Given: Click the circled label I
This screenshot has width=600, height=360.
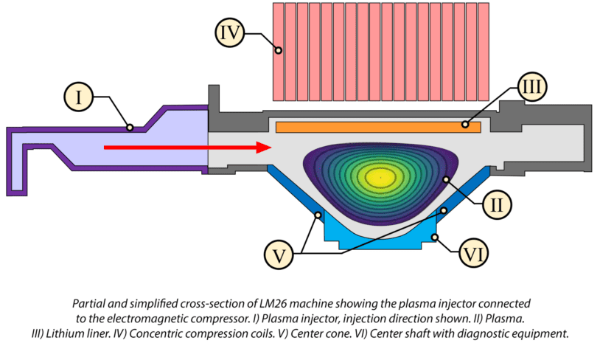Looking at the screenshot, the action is click(78, 97).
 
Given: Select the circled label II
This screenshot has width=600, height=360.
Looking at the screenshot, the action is click(496, 205).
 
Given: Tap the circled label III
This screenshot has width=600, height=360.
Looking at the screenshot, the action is click(532, 87).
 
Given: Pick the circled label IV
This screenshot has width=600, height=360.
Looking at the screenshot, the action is click(229, 33).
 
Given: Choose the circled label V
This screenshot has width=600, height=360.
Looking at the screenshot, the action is click(279, 255).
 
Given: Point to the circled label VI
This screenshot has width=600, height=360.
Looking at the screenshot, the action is click(473, 253).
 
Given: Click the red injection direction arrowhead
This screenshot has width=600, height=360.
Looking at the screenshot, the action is click(264, 148).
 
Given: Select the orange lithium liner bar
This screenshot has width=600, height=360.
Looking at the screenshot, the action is click(378, 127).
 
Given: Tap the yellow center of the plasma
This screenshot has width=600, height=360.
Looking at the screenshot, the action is click(380, 177).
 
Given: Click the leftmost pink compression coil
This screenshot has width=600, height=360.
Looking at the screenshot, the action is click(278, 52).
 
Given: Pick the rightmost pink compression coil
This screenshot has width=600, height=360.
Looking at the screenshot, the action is click(484, 52).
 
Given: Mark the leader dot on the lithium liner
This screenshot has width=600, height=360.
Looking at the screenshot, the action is click(465, 124).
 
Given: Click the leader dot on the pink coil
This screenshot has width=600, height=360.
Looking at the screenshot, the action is click(279, 50).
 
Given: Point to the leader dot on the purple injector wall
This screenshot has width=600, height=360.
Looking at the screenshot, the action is click(130, 127).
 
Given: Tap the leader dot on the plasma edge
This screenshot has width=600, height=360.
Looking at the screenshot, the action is click(446, 179).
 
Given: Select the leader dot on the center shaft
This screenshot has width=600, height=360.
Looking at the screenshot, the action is click(435, 238).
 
